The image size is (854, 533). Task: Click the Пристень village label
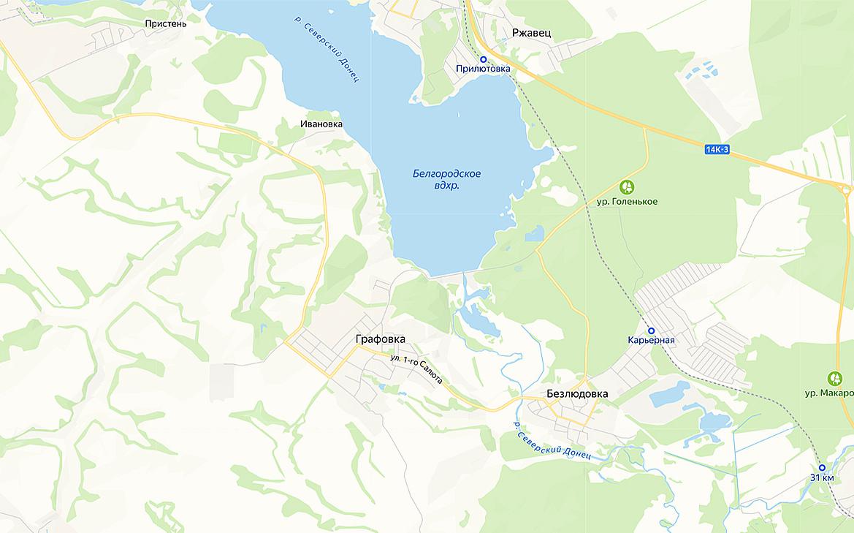[166, 23]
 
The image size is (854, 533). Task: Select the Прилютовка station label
[483, 69]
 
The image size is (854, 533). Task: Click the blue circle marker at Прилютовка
[483, 59]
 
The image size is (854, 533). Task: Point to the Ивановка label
[321, 124]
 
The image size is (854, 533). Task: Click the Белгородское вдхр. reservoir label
[446, 180]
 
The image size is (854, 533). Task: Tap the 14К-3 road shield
[717, 150]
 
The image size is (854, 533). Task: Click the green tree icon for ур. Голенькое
[626, 187]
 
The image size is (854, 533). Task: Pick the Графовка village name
[380, 339]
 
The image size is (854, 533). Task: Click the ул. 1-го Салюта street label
[417, 370]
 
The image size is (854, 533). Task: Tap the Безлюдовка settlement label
[577, 393]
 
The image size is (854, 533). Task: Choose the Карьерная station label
[651, 340]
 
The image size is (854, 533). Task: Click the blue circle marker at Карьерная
[651, 330]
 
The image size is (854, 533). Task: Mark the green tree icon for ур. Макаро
[835, 379]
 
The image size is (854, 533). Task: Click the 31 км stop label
[822, 478]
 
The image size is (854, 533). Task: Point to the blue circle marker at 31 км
[822, 468]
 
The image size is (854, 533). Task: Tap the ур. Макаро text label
[830, 393]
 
